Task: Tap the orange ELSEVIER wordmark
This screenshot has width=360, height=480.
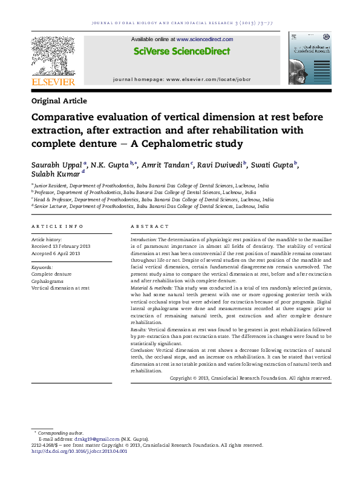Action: click(x=53, y=82)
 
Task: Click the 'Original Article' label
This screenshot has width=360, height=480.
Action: click(x=59, y=101)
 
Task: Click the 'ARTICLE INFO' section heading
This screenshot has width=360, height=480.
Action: click(x=57, y=226)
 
